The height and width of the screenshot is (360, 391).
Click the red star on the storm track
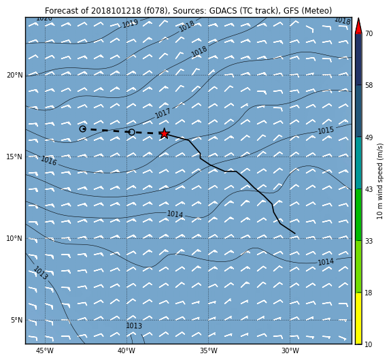pyautogui.click(x=164, y=133)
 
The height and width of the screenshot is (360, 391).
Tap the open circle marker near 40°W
pyautogui.click(x=132, y=132)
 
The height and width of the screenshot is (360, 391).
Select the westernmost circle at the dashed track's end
pyautogui.click(x=83, y=129)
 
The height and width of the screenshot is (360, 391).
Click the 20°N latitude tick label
pyautogui.click(x=14, y=75)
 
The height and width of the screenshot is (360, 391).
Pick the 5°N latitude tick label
pyautogui.click(x=16, y=320)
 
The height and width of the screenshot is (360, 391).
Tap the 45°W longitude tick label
pyautogui.click(x=45, y=350)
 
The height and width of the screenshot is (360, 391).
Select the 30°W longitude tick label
pyautogui.click(x=290, y=350)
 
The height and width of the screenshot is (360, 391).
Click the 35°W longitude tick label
pyautogui.click(x=209, y=350)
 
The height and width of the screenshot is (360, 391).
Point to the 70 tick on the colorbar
pyautogui.click(x=369, y=33)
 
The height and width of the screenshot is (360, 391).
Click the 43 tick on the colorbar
pyautogui.click(x=369, y=189)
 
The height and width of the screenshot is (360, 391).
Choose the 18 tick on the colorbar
pyautogui.click(x=369, y=293)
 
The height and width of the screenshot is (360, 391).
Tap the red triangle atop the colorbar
pyautogui.click(x=358, y=26)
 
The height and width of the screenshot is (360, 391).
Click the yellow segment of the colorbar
pyautogui.click(x=358, y=318)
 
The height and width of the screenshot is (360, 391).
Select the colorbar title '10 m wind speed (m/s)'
pyautogui.click(x=379, y=182)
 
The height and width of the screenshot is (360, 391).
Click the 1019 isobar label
pyautogui.click(x=130, y=24)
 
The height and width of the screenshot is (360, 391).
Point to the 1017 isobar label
pyautogui.click(x=163, y=113)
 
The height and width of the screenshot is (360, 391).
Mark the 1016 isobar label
pyautogui.click(x=49, y=161)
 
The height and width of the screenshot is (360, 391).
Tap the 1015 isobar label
pyautogui.click(x=326, y=131)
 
